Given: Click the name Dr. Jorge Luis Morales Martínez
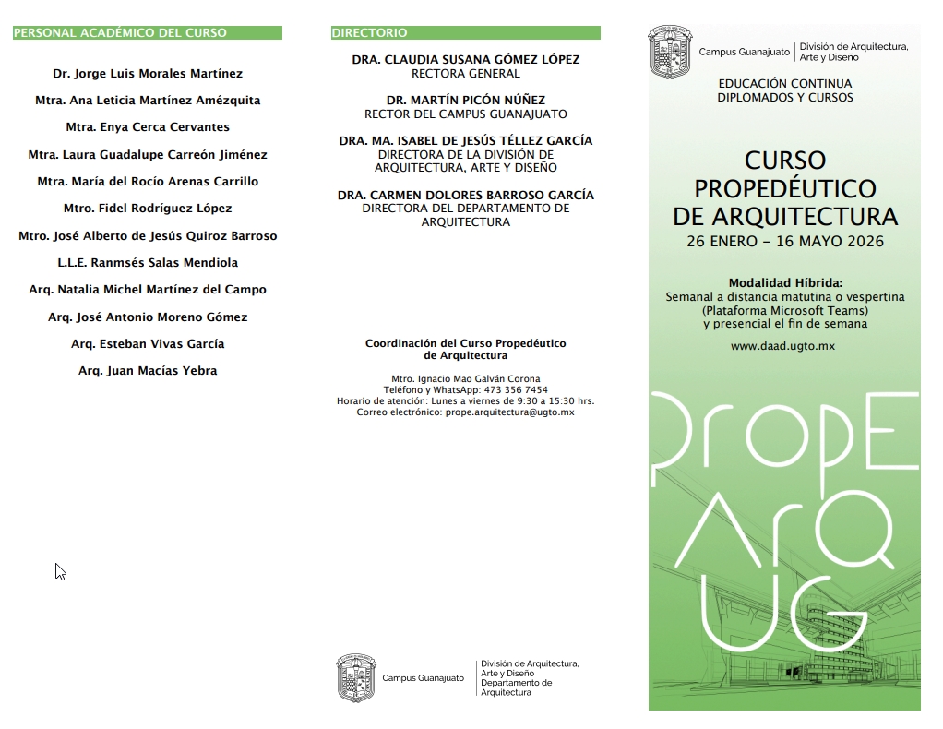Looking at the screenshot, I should (x=148, y=73).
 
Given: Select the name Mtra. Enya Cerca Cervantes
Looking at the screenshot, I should (x=148, y=127).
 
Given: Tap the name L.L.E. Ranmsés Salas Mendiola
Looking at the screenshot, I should (x=148, y=263).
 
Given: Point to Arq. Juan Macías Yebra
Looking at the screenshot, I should (x=148, y=371).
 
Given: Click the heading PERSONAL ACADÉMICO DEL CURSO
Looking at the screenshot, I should (x=120, y=33).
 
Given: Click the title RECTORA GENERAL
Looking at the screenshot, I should (x=466, y=73).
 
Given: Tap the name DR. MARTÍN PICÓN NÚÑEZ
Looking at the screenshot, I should (x=466, y=100).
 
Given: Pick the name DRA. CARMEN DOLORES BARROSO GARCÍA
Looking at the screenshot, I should (x=466, y=195).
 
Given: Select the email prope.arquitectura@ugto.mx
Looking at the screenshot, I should (x=509, y=412).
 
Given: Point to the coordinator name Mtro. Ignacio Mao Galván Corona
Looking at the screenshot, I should (x=466, y=379).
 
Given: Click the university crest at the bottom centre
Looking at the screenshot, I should (x=356, y=678).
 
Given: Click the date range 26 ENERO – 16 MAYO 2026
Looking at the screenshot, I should (x=785, y=242).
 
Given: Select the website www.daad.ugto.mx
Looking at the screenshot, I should (x=782, y=346).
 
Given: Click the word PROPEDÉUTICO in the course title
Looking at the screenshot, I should (x=785, y=189).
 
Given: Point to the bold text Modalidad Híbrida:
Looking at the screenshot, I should (x=785, y=283).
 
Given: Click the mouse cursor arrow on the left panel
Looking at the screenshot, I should (x=60, y=571).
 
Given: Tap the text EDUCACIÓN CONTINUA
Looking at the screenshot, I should (x=785, y=84).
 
